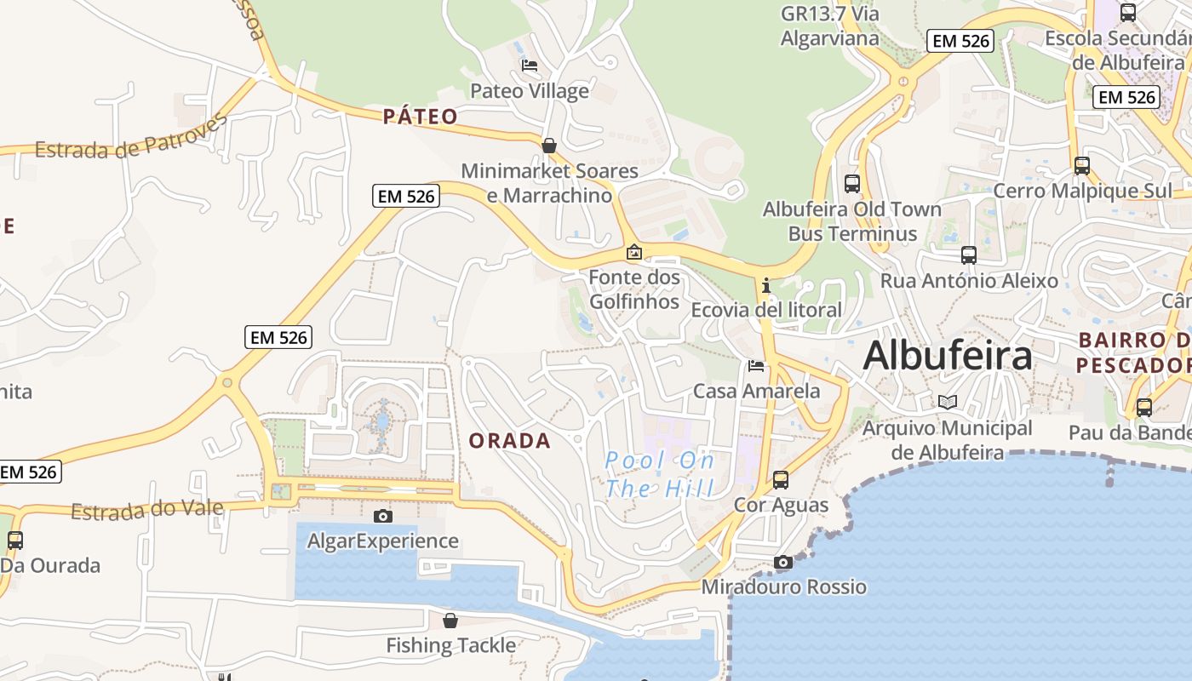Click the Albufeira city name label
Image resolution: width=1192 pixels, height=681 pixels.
947,356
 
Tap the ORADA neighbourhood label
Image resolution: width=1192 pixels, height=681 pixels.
510,441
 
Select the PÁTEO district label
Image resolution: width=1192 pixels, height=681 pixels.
420,117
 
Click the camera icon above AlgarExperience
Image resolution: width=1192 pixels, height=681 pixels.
383,516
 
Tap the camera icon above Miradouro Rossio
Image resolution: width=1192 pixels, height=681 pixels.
782,562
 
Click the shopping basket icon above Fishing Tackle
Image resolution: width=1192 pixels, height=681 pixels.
450,621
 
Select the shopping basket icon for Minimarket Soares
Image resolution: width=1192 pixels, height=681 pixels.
549,146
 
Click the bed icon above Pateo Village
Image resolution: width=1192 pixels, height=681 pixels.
529,66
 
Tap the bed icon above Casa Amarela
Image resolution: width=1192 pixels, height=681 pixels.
755,366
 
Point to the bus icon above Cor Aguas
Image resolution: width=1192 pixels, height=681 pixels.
781,479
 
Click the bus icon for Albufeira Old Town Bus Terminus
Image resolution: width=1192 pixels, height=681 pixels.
851,183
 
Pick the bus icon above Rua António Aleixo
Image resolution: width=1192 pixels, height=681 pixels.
968,255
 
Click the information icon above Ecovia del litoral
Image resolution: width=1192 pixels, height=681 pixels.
766,285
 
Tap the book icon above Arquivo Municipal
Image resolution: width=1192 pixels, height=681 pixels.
947,402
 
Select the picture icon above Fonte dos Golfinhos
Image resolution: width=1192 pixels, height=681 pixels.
633,252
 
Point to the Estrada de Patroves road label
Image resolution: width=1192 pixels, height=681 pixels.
132,138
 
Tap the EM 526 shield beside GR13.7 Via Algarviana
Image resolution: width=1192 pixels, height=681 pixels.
960,41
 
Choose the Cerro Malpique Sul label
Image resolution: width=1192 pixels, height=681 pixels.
1082,191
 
